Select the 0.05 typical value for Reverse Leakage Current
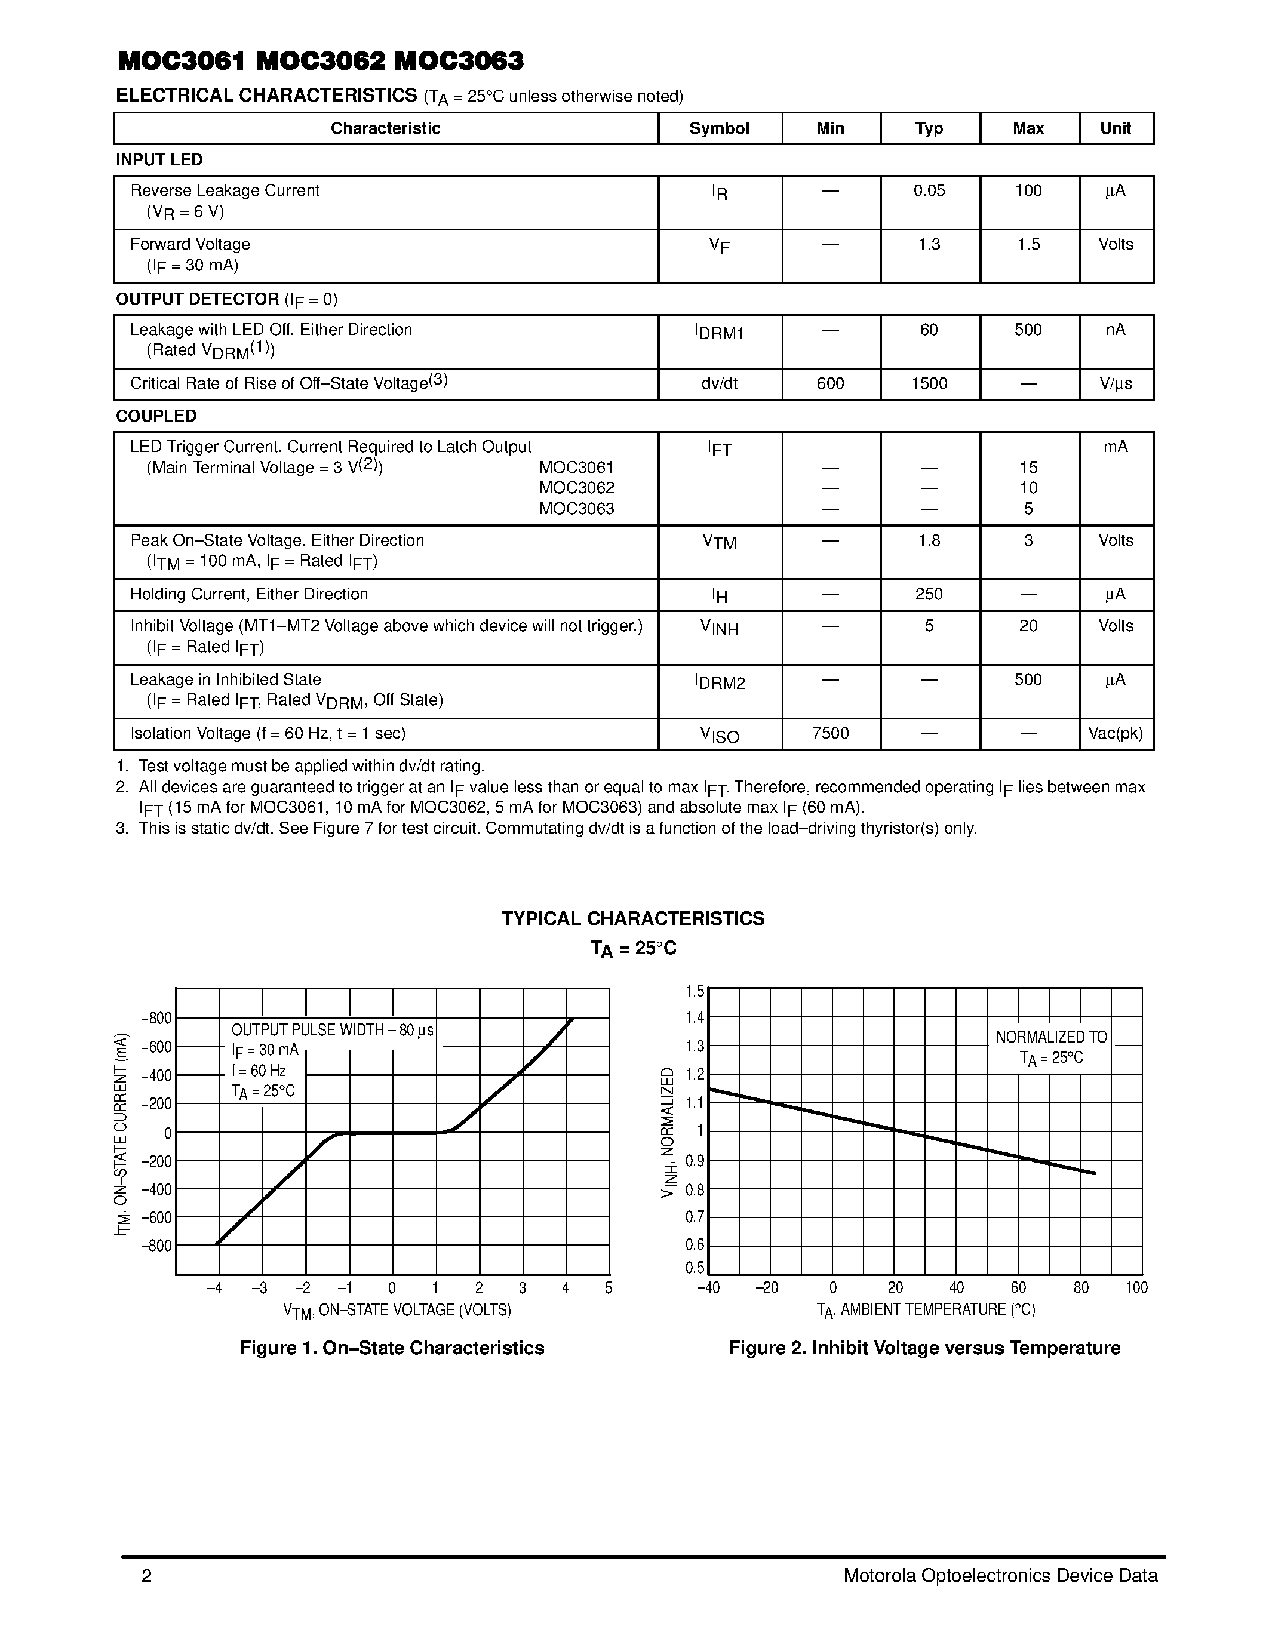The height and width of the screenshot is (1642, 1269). pos(929,191)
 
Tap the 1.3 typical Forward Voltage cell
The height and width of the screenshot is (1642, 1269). pos(929,244)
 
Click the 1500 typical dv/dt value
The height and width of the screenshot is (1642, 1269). pos(929,383)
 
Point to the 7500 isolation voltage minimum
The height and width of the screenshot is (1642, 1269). pos(830,733)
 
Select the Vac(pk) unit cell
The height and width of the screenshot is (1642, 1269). pos(1115,733)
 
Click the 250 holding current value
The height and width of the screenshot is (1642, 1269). pos(929,594)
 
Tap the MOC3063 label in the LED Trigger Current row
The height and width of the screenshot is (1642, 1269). pos(577,509)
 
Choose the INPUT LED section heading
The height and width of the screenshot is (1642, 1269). pos(159,160)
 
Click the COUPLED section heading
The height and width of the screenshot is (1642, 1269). pos(156,416)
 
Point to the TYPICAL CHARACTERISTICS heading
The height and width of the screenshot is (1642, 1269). pos(632,919)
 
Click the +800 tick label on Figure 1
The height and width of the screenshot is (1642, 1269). pos(156,1019)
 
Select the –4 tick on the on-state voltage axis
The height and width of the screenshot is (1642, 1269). pos(215,1288)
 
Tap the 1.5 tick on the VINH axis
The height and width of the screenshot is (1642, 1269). pos(695,991)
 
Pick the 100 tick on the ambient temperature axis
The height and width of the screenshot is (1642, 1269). pos(1136,1288)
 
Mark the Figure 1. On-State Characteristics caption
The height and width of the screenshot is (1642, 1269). pos(392,1348)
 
